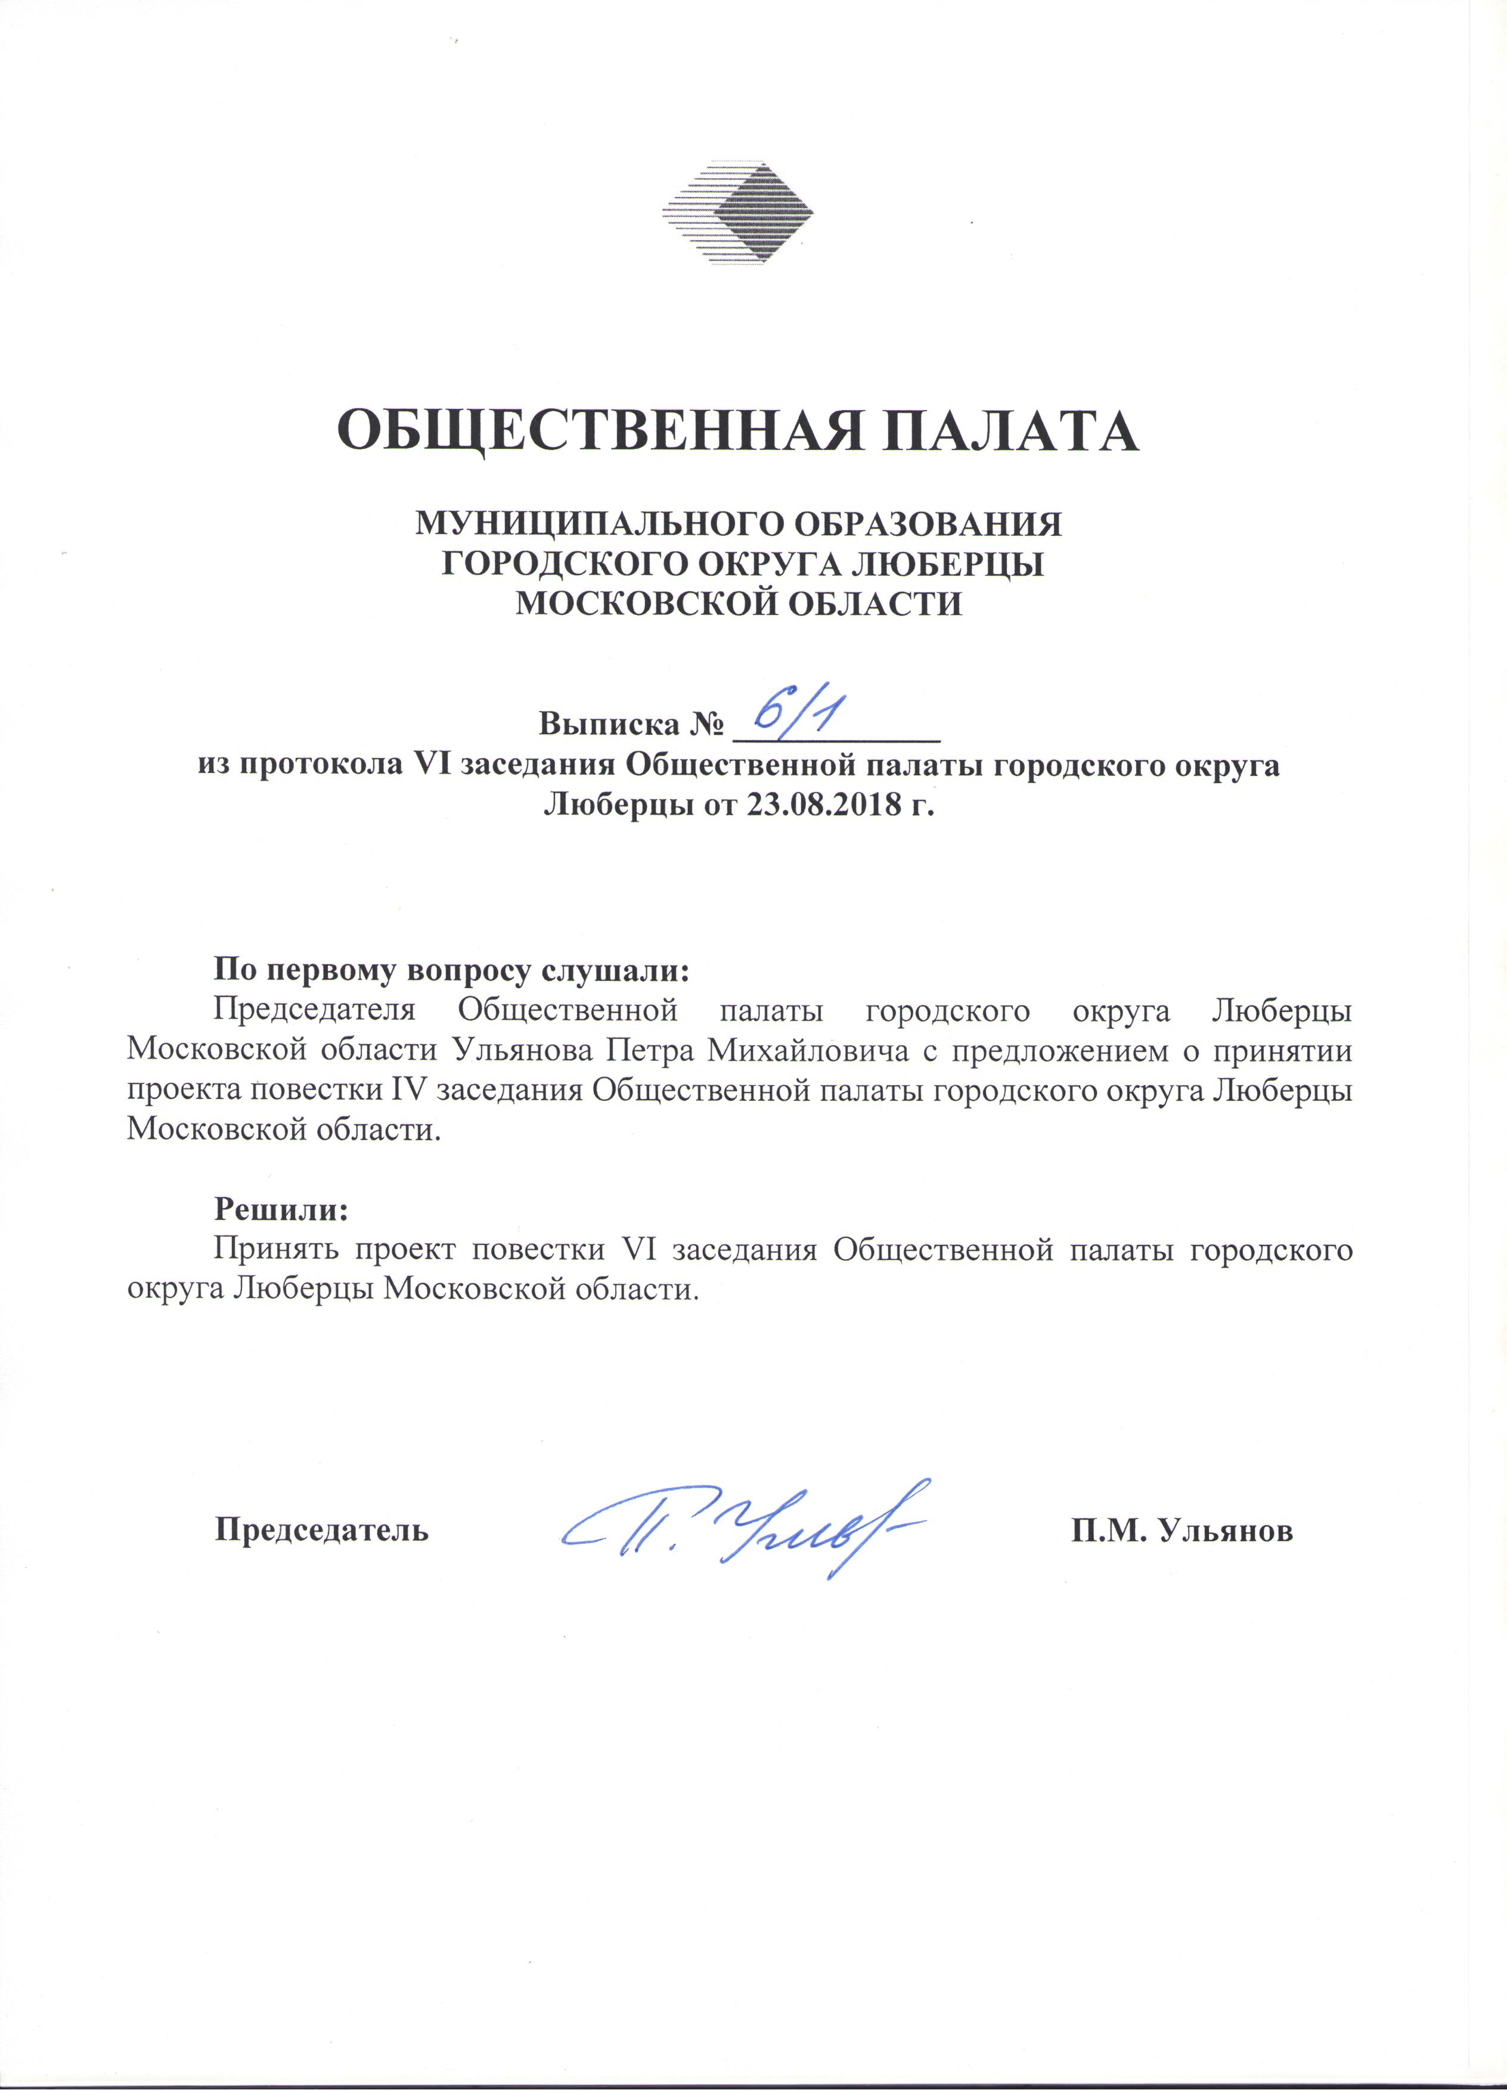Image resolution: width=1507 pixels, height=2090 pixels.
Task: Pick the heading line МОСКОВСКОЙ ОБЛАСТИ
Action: (x=738, y=604)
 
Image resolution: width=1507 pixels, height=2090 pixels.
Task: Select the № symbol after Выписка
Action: (x=704, y=724)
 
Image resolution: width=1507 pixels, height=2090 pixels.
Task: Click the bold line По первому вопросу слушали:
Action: (x=452, y=970)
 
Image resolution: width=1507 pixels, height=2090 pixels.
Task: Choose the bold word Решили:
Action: (x=281, y=1209)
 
